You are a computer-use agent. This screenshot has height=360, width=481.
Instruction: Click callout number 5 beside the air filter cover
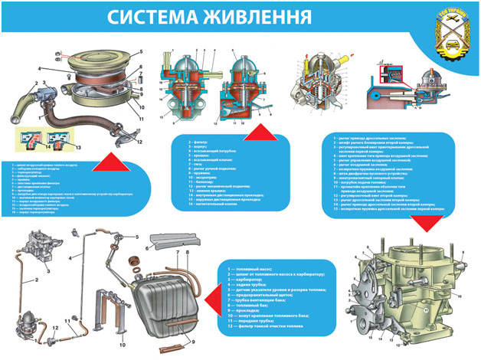point(140,52)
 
